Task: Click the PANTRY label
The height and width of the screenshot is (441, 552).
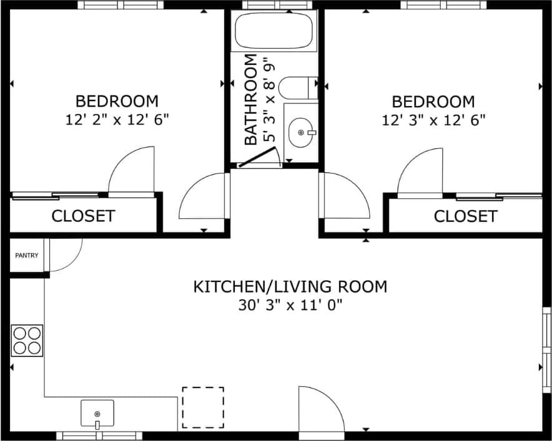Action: click(27, 255)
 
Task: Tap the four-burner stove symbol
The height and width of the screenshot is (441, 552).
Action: click(27, 341)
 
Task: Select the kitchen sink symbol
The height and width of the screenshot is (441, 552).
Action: click(97, 414)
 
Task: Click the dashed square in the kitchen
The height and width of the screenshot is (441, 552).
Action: click(203, 407)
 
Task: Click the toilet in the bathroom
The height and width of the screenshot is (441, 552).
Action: click(297, 88)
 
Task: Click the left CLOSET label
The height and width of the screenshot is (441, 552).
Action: click(83, 216)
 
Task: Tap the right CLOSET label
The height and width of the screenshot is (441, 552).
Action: click(465, 216)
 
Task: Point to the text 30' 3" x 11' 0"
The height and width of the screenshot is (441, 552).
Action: click(290, 305)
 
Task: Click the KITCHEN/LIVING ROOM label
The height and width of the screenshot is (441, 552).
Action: click(290, 286)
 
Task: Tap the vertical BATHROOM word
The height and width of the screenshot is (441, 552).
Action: click(251, 100)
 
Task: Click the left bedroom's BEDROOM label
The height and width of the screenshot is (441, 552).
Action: click(117, 100)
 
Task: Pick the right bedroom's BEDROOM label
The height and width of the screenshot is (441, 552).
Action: click(433, 101)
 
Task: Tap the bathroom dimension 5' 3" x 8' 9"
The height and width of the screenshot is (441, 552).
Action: click(269, 100)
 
